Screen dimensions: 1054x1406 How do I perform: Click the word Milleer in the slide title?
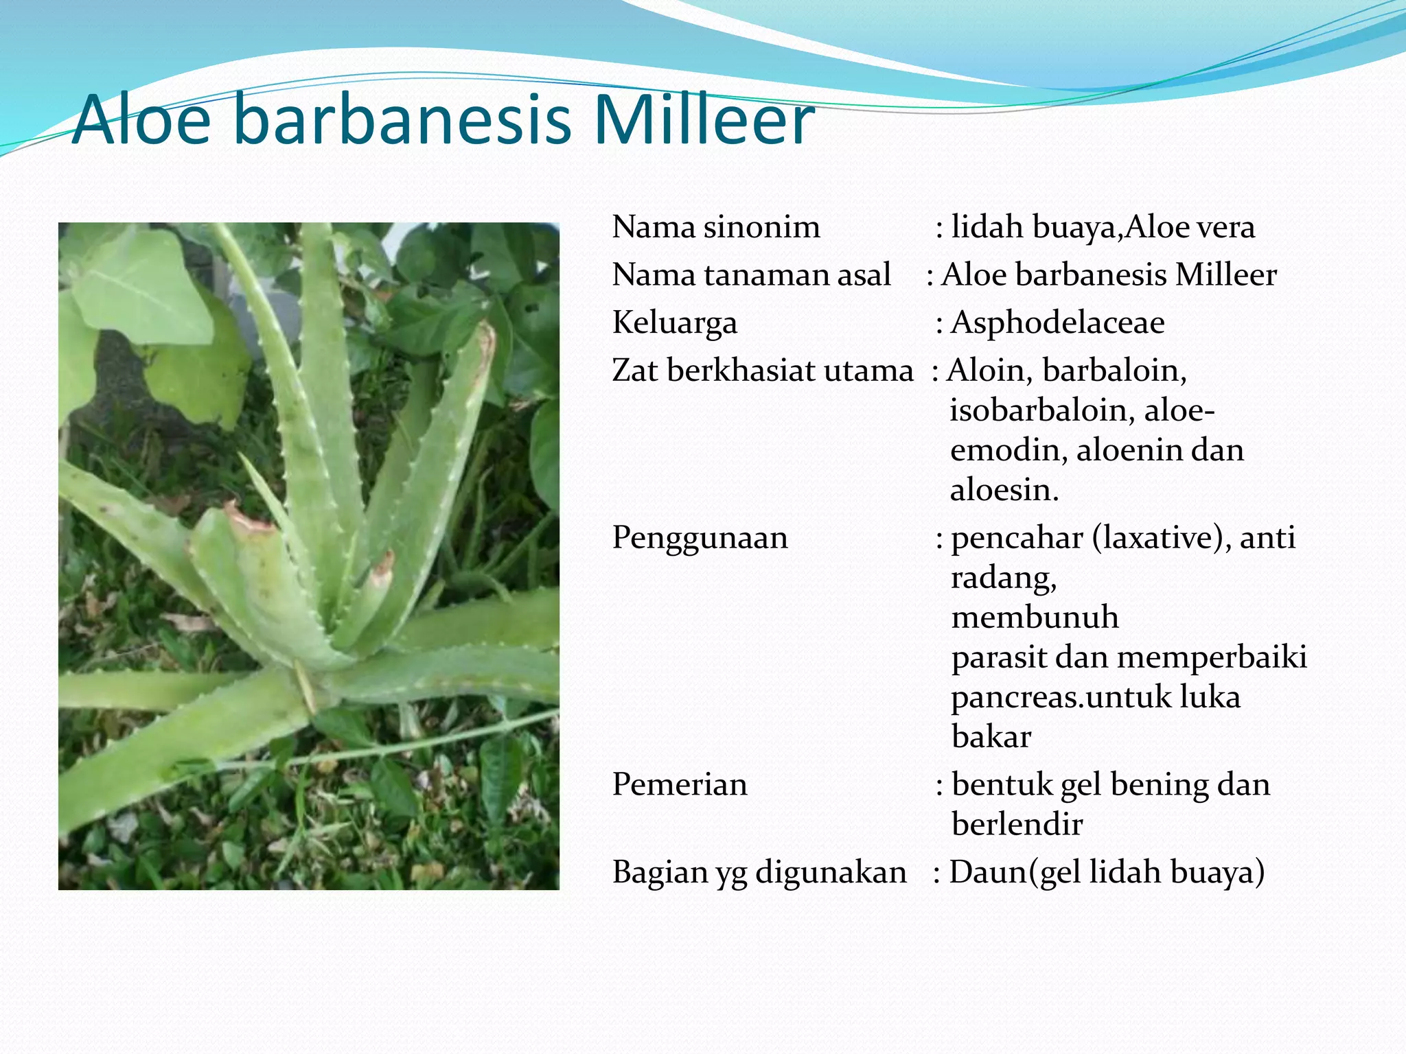[x=704, y=120]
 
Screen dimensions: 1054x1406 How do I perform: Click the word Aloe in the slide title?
[x=141, y=120]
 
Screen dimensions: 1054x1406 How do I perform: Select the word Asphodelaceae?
[x=1057, y=323]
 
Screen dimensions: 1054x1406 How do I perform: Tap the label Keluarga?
[x=674, y=323]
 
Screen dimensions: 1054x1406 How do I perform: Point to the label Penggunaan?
[x=700, y=537]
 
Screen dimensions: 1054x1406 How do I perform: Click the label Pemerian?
[x=680, y=784]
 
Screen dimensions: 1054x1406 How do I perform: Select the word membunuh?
[x=1035, y=617]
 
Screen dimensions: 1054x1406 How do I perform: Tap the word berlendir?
[x=1017, y=824]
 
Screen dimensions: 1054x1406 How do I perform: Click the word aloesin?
[x=1003, y=490]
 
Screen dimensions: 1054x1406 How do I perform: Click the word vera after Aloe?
[x=1223, y=227]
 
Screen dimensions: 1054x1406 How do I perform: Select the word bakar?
[x=991, y=737]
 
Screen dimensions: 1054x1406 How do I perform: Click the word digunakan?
[x=831, y=872]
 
